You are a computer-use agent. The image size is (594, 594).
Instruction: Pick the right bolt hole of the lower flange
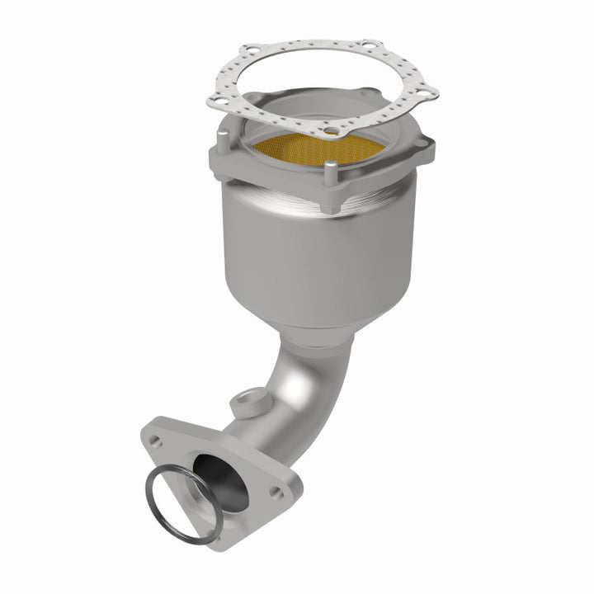click(276, 492)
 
